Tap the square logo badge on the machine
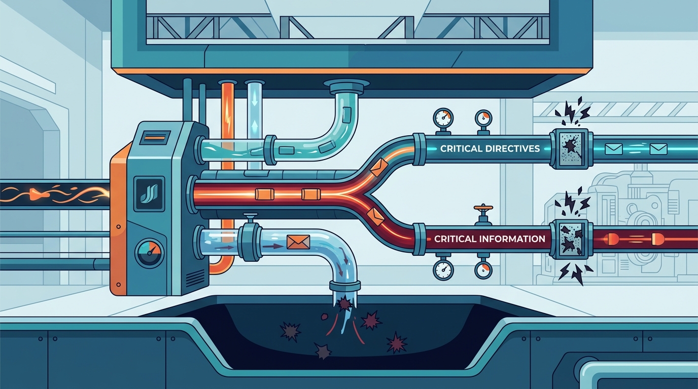pos(149,193)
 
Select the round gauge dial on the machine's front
pos(149,253)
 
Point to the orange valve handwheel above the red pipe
pos(483,207)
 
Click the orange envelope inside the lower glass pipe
pos(298,242)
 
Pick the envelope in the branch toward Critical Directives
pos(379,167)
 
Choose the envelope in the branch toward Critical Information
pos(375,216)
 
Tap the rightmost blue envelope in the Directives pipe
pos(658,149)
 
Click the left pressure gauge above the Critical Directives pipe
pos(443,118)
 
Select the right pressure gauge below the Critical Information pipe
pos(483,270)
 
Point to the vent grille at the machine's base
pos(196,278)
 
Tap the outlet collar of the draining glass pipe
pos(344,285)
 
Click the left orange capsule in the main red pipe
pos(265,194)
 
